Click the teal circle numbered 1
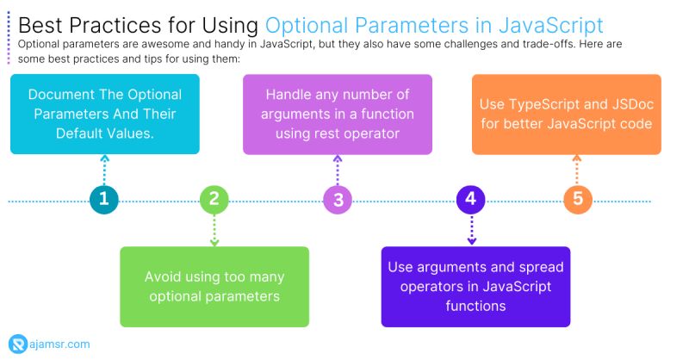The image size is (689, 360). click(104, 200)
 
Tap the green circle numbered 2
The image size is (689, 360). click(214, 200)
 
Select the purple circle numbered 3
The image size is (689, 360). click(338, 200)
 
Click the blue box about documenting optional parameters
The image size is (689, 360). click(104, 115)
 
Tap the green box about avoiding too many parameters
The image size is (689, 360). click(214, 287)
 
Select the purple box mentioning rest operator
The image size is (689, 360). click(338, 115)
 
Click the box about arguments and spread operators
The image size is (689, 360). click(475, 287)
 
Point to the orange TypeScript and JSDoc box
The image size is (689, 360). click(566, 115)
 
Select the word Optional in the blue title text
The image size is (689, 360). click(307, 23)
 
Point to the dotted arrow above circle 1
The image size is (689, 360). click(104, 170)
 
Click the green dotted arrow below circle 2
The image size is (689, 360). click(214, 230)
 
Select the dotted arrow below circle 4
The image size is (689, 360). click(470, 230)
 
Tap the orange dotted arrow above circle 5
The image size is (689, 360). click(577, 170)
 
